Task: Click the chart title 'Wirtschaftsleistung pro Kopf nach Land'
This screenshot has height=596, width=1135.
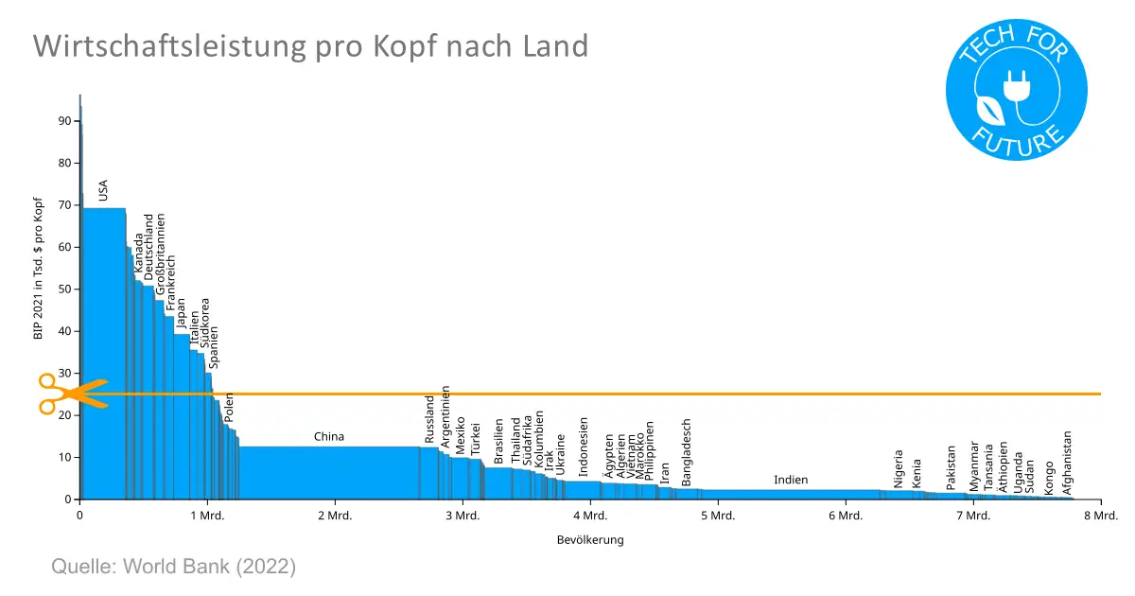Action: [310, 45]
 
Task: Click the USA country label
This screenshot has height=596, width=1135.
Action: [103, 189]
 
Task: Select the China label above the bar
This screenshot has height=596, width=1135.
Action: [329, 437]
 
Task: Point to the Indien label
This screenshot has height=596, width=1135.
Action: [791, 480]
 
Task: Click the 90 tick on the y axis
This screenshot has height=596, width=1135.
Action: [63, 121]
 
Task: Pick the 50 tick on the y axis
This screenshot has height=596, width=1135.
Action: [63, 289]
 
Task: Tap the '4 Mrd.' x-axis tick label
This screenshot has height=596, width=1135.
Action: [589, 517]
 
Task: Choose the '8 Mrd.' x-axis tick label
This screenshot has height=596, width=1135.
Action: [1100, 517]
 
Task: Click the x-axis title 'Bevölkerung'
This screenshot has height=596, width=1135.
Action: [590, 540]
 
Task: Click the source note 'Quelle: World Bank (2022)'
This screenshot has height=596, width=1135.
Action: [173, 568]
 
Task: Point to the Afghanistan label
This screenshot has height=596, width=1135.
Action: [1067, 464]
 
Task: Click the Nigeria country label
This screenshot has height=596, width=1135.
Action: [899, 468]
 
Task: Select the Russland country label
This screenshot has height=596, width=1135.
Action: [429, 420]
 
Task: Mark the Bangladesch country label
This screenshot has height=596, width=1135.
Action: [687, 452]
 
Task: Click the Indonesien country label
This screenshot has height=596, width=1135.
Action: [584, 447]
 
